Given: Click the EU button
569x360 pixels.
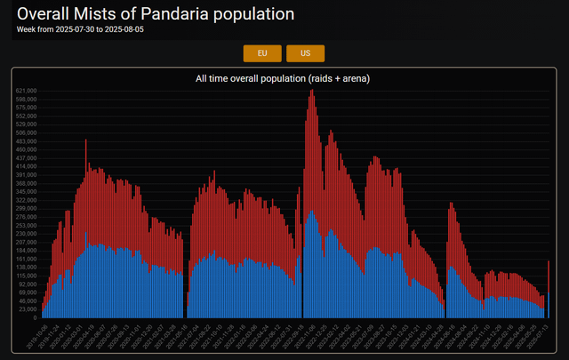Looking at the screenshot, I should (x=262, y=53).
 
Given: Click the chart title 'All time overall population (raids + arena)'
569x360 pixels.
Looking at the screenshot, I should (x=283, y=79).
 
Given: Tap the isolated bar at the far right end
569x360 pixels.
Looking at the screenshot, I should (x=549, y=293).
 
